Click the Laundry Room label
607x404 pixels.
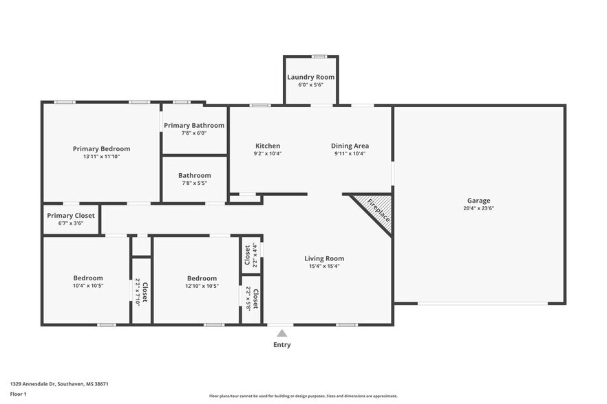coord(310,77)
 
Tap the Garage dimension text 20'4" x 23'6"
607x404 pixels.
coord(478,208)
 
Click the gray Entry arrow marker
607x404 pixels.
coord(281,333)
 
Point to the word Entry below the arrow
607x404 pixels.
coord(281,345)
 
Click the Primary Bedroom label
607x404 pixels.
coord(101,148)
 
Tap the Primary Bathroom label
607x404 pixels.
coord(193,125)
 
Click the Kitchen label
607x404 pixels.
coord(268,146)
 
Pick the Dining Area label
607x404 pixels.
coord(350,146)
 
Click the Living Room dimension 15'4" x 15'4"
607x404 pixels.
coord(323,266)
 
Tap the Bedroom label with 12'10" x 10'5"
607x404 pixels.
coord(202,278)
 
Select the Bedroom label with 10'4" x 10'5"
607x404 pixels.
coord(88,278)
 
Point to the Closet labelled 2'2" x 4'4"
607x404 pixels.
coord(251,255)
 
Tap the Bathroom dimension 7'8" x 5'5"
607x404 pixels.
coord(194,183)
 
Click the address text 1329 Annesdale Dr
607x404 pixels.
coord(59,384)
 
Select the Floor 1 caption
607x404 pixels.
coord(19,394)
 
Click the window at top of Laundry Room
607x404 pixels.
coord(319,56)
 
